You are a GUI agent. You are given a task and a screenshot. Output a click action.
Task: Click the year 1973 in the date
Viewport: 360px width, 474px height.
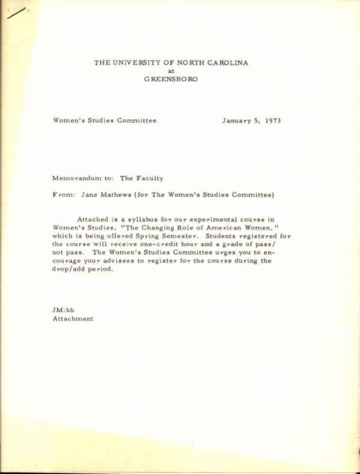(x=273, y=120)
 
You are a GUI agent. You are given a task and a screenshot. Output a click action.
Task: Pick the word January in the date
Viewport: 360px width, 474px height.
(x=235, y=120)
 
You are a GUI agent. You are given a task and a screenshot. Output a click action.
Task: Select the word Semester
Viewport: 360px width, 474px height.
(x=177, y=237)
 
